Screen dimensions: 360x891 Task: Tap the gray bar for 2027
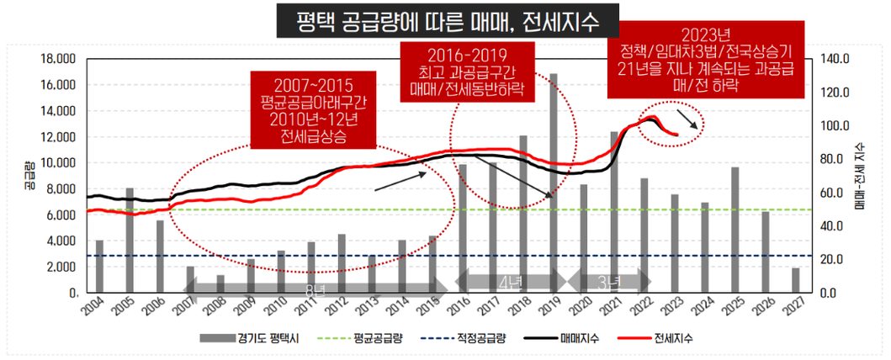796,281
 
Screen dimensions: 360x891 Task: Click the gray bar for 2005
129,241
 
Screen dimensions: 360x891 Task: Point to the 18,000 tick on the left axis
57,59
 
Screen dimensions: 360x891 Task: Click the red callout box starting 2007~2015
312,107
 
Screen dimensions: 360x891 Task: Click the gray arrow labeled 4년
510,281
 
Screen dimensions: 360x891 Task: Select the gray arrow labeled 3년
607,281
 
